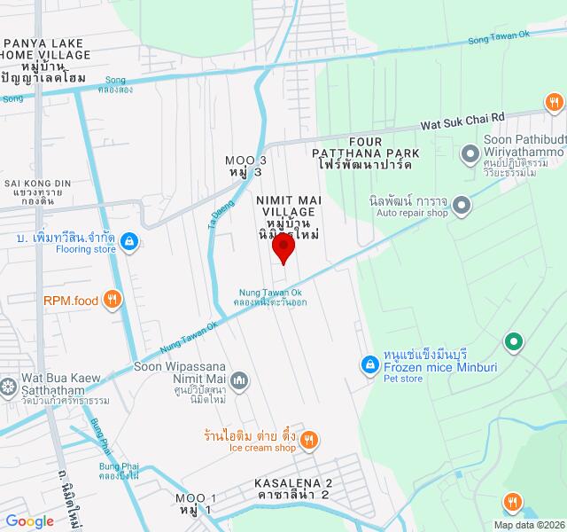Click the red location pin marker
point(283,247)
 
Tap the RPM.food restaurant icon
point(112,300)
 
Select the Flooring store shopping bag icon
point(129,239)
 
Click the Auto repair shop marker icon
point(461,207)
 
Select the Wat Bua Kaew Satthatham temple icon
point(8,387)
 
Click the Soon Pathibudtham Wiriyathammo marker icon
point(470,156)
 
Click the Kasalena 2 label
point(292,489)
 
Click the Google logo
point(29,521)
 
